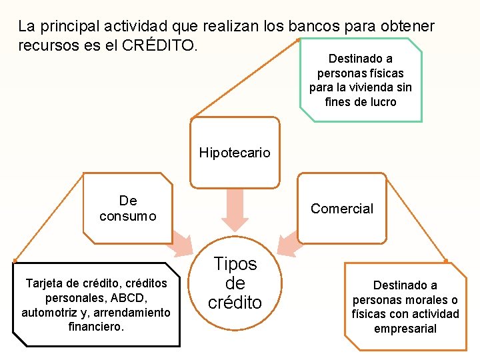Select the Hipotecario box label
coord(235,153)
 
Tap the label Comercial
coord(342,209)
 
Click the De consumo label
coord(127,208)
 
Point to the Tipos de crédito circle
coord(235,283)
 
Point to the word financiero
coord(95,327)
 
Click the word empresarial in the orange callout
coord(405,328)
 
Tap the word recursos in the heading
coord(45,46)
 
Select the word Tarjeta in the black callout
coord(45,283)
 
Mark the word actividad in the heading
coord(135,27)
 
